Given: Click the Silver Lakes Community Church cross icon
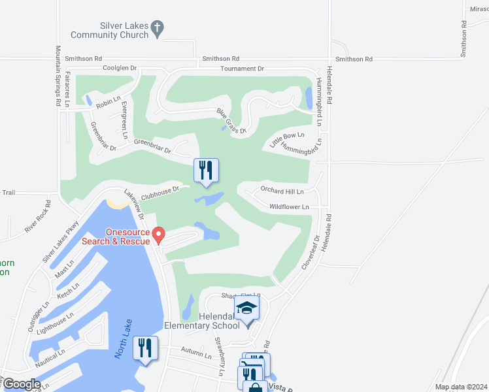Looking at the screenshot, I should (x=157, y=28).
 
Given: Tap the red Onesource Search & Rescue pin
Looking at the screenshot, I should (x=158, y=233).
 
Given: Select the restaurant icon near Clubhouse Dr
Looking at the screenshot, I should (x=206, y=171).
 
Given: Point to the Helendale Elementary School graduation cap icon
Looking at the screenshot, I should (x=247, y=308).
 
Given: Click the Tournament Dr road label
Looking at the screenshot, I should (x=242, y=68).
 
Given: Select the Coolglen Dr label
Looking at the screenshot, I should (x=119, y=68).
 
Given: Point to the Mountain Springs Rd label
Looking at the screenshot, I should (x=58, y=76).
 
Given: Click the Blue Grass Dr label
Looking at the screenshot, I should (x=232, y=122).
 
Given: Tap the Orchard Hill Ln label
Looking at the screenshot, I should (x=282, y=191).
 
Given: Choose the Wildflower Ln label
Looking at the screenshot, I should (x=289, y=206).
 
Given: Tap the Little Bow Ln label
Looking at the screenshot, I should (x=288, y=140).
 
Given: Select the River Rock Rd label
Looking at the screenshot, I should (x=37, y=220).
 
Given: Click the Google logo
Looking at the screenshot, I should (x=21, y=384).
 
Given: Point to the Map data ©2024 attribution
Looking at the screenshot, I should (x=461, y=387).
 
